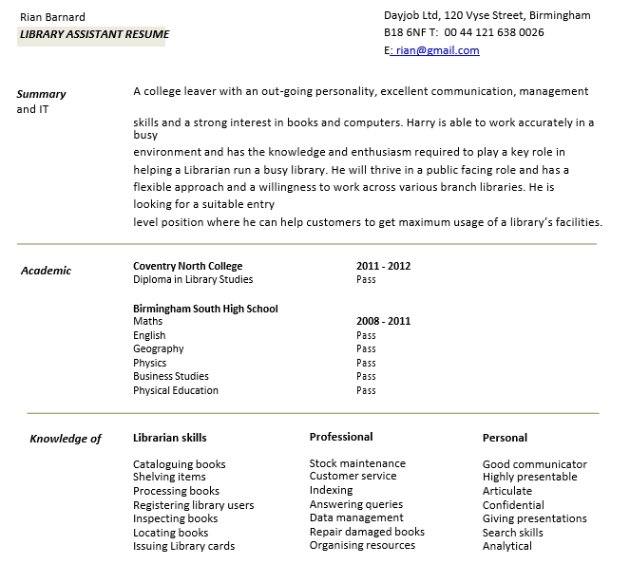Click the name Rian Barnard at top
52,17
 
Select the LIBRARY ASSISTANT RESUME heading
93,35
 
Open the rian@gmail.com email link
435,50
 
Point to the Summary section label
41,94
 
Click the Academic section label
46,271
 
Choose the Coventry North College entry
187,266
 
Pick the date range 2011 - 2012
383,266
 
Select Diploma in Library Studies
193,280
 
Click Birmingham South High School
205,309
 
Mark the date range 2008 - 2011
383,321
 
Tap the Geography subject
159,349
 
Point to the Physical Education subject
176,390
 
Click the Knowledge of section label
65,439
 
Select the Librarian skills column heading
169,438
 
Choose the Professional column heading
341,437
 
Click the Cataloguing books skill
179,464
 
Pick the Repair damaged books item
367,532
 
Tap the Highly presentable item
529,477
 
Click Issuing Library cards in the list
183,546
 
